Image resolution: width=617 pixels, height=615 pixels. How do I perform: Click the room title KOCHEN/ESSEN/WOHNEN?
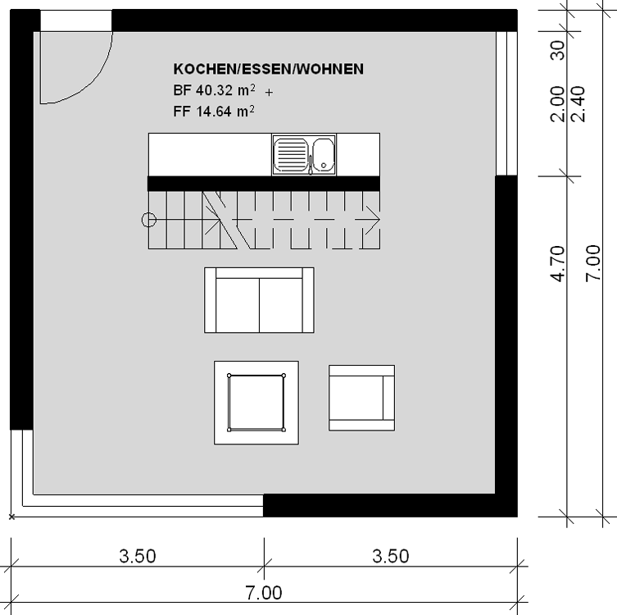tap(269, 70)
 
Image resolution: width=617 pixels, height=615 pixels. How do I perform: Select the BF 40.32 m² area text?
tap(214, 90)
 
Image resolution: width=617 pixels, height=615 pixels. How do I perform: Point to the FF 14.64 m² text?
tap(214, 112)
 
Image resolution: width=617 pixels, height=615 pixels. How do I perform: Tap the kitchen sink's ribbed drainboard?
tap(291, 154)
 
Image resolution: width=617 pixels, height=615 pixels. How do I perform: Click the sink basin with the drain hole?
tap(324, 154)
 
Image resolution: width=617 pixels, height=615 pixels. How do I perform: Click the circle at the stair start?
tap(149, 220)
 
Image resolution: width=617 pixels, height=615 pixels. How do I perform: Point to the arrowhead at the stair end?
tap(373, 220)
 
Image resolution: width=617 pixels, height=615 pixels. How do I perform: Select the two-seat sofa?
tap(259, 300)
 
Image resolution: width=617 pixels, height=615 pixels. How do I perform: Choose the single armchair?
tap(361, 398)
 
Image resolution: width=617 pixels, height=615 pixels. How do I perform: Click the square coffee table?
tap(256, 403)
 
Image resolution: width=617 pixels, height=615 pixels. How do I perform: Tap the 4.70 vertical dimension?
tap(557, 263)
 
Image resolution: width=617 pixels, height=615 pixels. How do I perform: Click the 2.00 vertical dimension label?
tap(557, 104)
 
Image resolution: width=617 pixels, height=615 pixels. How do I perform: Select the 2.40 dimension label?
tap(578, 104)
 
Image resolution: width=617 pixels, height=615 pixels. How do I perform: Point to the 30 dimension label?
tap(557, 50)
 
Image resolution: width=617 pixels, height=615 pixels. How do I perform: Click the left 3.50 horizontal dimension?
tap(138, 556)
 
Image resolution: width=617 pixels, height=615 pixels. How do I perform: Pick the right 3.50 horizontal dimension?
tap(391, 556)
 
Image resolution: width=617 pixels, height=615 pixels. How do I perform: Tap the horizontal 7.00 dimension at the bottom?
tap(264, 593)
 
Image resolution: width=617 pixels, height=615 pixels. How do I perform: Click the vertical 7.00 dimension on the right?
tap(593, 263)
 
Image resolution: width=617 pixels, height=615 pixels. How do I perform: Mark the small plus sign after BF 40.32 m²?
tap(269, 93)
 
